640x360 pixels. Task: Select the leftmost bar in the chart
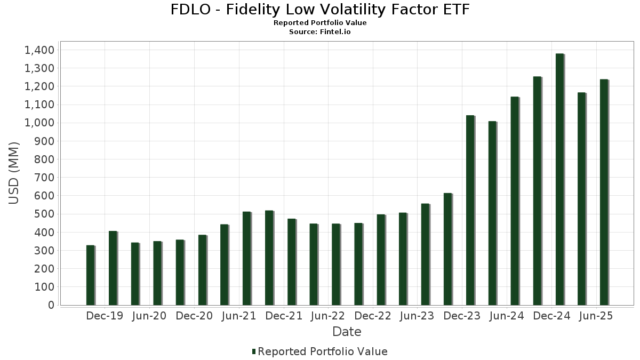point(90,275)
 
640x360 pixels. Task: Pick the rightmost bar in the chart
point(604,193)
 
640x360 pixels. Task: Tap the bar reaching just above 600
point(447,249)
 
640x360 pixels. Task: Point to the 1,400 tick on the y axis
point(39,50)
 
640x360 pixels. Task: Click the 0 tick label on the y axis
point(51,305)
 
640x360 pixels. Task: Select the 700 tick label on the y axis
point(43,178)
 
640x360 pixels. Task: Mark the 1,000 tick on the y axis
point(39,123)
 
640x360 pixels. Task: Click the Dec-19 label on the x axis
point(105,316)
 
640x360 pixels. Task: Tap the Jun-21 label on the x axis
point(238,316)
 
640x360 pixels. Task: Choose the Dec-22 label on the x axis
point(373,316)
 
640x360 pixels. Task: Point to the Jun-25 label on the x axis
point(595,316)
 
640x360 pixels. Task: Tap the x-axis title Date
point(347,332)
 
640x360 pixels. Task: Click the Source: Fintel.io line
point(320,31)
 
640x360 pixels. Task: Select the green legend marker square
point(254,351)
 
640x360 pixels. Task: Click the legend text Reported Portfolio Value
point(322,351)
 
